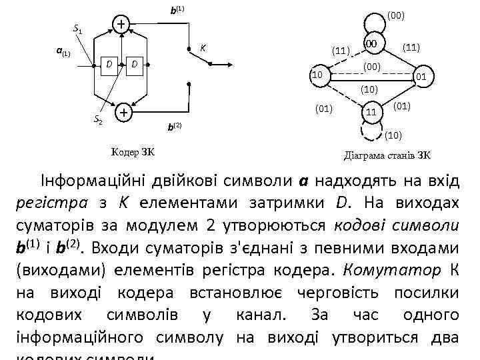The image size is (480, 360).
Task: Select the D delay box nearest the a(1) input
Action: click(109, 65)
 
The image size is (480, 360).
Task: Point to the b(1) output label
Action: click(177, 11)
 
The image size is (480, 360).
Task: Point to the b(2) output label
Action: click(173, 126)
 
